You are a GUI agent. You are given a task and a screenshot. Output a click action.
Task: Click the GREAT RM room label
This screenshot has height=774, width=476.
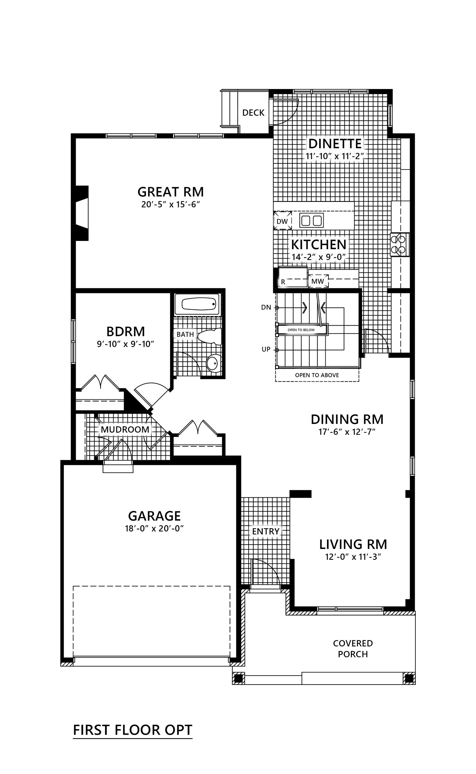click(x=171, y=192)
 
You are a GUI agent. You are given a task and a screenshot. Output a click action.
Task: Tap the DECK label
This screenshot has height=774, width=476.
click(x=253, y=113)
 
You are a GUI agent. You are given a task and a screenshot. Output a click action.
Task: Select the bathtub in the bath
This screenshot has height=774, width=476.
click(x=199, y=304)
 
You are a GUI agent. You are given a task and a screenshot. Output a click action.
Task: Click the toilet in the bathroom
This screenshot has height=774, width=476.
click(x=210, y=336)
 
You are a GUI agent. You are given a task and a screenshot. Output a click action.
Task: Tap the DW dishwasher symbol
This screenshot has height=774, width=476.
click(x=282, y=221)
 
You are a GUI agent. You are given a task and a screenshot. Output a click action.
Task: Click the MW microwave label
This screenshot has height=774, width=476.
click(x=318, y=281)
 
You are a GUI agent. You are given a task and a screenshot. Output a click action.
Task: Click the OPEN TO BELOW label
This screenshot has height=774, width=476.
click(x=301, y=330)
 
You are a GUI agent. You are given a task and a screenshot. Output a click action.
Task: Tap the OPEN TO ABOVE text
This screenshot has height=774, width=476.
click(x=317, y=375)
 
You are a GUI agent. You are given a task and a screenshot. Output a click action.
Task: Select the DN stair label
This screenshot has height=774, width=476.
click(x=266, y=308)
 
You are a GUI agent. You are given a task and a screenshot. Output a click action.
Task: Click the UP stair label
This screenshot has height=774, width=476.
click(x=266, y=349)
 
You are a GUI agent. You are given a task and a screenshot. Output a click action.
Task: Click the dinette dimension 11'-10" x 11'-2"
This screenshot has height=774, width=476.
click(x=335, y=156)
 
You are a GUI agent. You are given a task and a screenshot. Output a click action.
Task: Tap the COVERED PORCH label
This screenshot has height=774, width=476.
click(x=353, y=649)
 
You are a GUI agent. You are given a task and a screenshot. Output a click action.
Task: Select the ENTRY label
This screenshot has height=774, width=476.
click(x=266, y=531)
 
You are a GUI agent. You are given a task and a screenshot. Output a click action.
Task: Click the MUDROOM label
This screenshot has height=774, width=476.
click(x=125, y=430)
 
